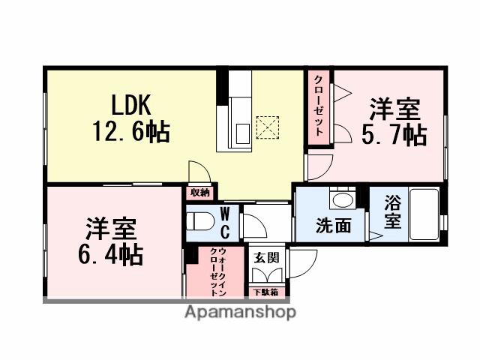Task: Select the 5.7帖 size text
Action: (395, 134)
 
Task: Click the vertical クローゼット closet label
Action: (319, 106)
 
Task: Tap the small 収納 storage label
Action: (199, 193)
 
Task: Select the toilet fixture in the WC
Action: (199, 223)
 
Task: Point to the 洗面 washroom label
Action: (333, 225)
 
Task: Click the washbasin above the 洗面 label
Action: (343, 199)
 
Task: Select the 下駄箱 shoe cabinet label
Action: (264, 292)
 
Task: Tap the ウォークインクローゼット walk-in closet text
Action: (215, 270)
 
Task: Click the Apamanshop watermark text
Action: (240, 312)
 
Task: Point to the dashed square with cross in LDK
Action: (266, 127)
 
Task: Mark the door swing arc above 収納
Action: (197, 172)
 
